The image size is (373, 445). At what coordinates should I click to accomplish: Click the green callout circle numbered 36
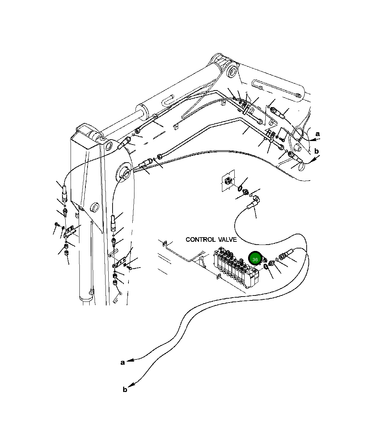pyautogui.click(x=255, y=259)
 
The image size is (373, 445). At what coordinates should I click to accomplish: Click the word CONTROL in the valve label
pyautogui.click(x=200, y=240)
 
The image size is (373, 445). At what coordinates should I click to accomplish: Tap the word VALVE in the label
pyautogui.click(x=227, y=240)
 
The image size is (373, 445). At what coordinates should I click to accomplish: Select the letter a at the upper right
pyautogui.click(x=318, y=134)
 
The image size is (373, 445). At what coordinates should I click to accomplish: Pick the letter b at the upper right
pyautogui.click(x=317, y=151)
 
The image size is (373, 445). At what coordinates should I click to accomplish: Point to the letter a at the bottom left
pyautogui.click(x=122, y=362)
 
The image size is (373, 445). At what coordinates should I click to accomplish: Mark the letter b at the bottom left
pyautogui.click(x=125, y=390)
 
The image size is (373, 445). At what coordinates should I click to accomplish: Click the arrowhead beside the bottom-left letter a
pyautogui.click(x=131, y=361)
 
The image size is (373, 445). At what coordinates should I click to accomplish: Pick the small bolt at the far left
pyautogui.click(x=56, y=224)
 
